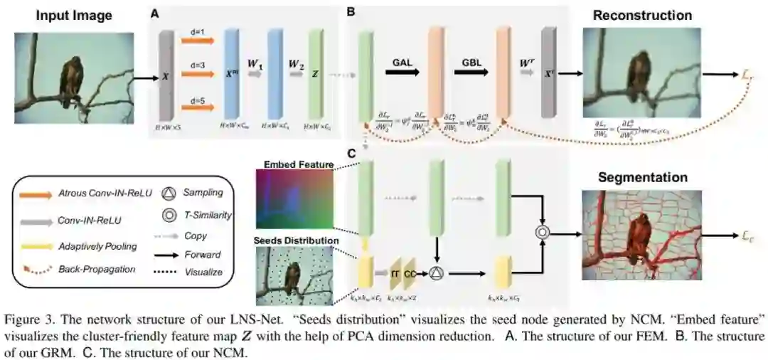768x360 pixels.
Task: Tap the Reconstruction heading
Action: point(642,15)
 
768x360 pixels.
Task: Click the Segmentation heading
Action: point(642,177)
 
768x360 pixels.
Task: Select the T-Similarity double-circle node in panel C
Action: point(544,233)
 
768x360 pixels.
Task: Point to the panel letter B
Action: point(351,12)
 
